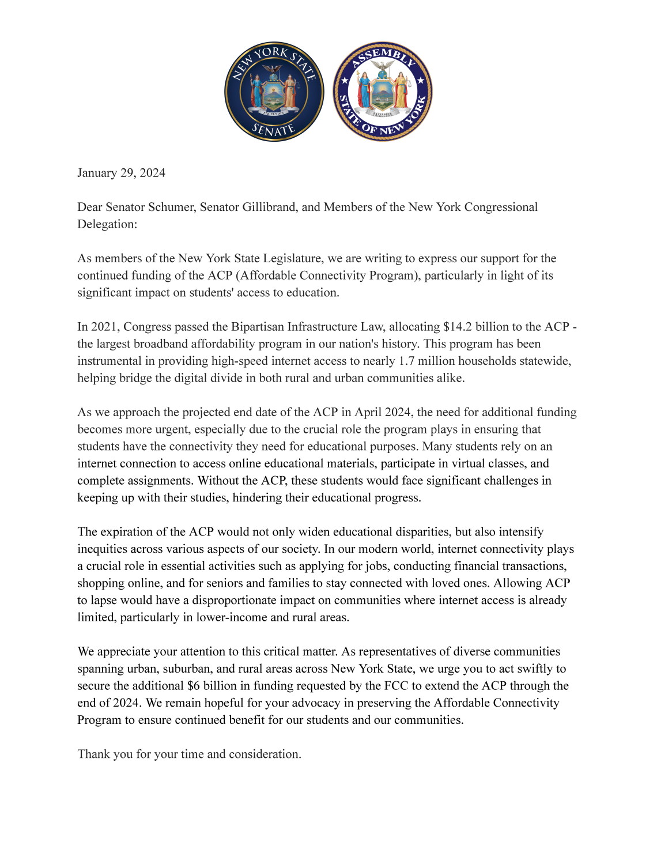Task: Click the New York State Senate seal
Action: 274,92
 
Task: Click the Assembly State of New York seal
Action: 383,92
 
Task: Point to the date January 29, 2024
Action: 121,173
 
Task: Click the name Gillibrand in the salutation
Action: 263,207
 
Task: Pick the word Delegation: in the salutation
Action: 107,224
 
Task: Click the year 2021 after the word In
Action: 104,327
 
